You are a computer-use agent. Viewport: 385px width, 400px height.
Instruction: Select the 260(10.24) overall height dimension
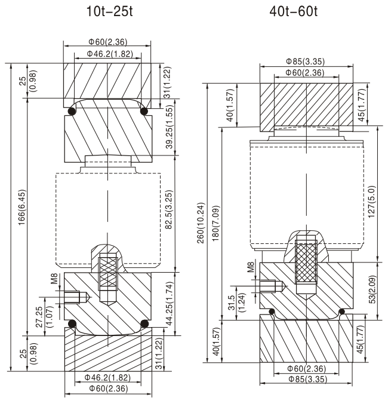(x=202, y=222)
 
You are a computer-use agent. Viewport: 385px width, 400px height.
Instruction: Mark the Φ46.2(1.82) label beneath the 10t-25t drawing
(x=107, y=377)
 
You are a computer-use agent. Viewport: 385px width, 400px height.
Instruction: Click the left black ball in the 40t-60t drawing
(x=272, y=312)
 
